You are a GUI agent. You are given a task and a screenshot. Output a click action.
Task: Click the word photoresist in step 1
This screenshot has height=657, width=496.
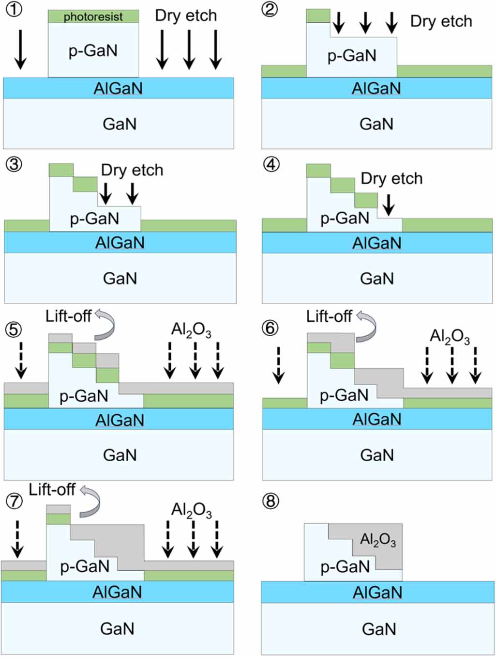(x=93, y=17)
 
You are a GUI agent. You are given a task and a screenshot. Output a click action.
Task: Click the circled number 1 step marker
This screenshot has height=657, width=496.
(x=14, y=9)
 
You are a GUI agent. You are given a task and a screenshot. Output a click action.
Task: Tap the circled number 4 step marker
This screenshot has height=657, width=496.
(x=271, y=164)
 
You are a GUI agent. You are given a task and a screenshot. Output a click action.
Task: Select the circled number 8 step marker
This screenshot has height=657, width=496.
(x=271, y=501)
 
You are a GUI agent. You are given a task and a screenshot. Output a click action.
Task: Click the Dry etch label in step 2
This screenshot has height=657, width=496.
(x=441, y=21)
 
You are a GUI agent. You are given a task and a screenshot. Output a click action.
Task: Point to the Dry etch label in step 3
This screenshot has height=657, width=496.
(x=132, y=170)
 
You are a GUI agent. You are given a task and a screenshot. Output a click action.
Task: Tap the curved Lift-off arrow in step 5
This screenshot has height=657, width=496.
(x=105, y=324)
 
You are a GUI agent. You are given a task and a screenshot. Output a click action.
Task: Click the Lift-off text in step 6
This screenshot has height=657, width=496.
(x=329, y=317)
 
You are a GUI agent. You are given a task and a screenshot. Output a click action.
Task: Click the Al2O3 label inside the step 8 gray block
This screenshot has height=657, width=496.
(x=378, y=539)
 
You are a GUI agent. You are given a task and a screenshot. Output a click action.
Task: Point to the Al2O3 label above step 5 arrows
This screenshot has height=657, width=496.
(x=191, y=330)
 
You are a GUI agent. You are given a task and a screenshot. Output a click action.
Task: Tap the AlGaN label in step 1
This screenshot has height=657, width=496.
(x=118, y=89)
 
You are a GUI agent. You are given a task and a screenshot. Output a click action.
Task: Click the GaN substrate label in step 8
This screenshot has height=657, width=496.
(x=378, y=629)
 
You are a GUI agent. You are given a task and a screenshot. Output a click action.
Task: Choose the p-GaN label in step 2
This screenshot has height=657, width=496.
(x=352, y=56)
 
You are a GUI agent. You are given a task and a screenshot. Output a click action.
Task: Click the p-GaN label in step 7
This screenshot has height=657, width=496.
(x=85, y=566)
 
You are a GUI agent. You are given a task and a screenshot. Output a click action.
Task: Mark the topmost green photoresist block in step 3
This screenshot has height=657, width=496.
(x=61, y=170)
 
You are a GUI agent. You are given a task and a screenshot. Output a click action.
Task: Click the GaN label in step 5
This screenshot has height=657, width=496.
(x=120, y=455)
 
